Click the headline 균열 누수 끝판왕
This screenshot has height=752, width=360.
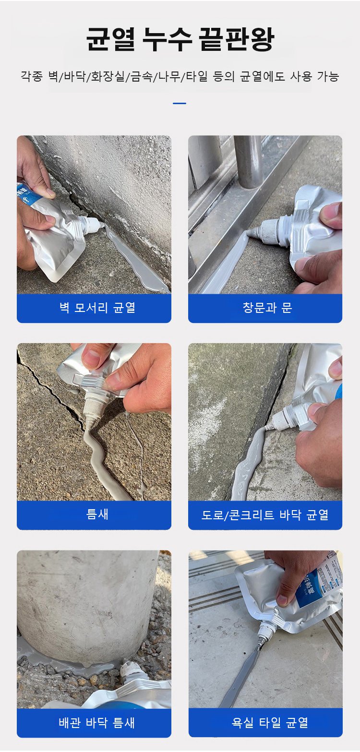point(180,39)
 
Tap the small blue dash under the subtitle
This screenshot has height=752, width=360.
point(180,103)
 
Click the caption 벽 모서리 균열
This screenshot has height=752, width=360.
point(97,308)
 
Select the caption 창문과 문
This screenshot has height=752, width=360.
point(267,308)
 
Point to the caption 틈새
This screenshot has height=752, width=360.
point(97,514)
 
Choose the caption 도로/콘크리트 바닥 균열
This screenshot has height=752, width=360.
point(265,514)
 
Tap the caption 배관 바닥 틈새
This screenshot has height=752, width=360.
point(96,723)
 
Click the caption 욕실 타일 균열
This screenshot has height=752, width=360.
point(270,722)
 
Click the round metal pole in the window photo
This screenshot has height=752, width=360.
point(248,161)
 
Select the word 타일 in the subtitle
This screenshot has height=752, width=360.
point(197,76)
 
